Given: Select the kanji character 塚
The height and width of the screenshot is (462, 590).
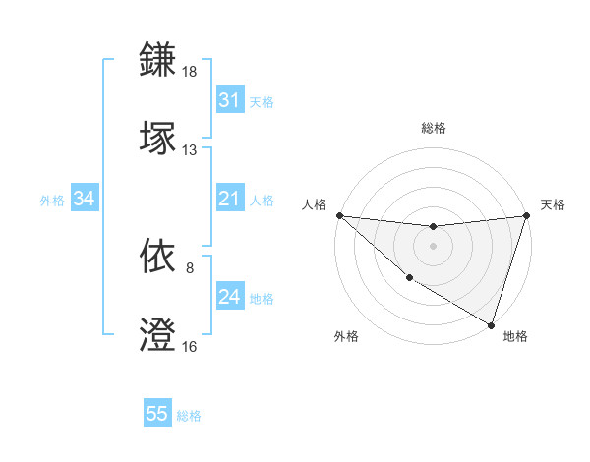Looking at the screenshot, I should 158,137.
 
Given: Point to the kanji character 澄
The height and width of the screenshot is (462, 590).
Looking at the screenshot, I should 158,334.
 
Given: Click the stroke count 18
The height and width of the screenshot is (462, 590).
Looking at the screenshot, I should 190,73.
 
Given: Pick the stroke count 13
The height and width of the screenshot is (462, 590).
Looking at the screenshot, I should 190,150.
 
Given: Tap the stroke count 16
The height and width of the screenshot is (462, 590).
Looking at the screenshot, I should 190,347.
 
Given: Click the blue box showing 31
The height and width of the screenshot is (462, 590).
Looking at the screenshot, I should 229,100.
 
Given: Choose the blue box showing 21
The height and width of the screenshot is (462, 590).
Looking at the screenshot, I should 229,199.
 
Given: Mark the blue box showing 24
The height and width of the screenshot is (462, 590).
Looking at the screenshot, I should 229,297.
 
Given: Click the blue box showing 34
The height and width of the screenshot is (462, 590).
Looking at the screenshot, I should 84,199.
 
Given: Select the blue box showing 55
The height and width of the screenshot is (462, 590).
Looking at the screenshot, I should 157,414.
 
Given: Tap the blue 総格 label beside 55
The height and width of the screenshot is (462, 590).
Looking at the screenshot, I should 189,416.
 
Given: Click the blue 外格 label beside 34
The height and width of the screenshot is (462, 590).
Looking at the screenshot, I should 52,201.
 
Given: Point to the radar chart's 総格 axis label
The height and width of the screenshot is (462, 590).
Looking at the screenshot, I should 433,128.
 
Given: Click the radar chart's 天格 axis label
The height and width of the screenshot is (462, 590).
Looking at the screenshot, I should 553,204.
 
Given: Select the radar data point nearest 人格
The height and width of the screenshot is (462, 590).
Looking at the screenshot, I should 339,215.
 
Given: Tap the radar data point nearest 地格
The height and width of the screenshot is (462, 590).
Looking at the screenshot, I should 491,324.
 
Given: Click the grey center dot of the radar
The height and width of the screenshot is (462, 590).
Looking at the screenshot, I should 433,246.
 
